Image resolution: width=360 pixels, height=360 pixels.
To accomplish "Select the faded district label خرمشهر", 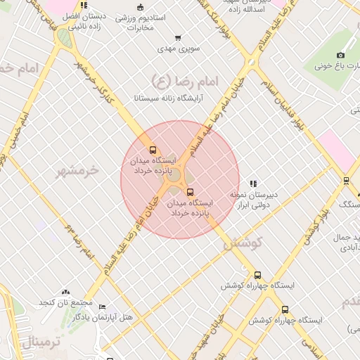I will (x=77, y=171).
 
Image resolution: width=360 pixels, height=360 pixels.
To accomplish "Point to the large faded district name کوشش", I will (x=243, y=243).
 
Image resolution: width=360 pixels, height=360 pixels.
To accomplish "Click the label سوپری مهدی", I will (x=179, y=49).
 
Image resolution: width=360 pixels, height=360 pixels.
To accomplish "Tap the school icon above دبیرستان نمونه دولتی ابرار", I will (x=253, y=184).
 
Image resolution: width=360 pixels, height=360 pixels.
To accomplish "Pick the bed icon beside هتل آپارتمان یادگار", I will (x=102, y=307).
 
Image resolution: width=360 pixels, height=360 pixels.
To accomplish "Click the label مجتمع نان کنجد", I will (x=66, y=302).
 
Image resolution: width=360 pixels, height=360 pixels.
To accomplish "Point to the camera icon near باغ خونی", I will (x=341, y=55).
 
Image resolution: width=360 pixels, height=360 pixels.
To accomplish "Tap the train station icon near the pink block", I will (x=346, y=180).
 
